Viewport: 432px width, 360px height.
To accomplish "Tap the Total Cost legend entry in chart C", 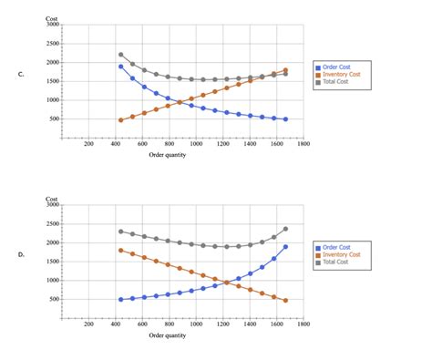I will (335, 83).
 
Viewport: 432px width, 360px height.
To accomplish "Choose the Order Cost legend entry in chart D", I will (336, 247).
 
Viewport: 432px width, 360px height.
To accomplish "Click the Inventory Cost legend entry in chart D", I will (341, 254).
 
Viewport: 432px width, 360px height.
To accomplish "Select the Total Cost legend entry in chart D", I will (335, 262).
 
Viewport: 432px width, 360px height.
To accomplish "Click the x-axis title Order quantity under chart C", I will (168, 156).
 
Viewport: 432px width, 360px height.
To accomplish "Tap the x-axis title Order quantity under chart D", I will (168, 334).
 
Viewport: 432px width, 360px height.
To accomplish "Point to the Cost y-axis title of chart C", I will (52, 18).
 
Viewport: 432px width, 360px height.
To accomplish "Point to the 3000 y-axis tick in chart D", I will (52, 205).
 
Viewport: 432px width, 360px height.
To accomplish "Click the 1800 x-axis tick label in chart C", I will (303, 144).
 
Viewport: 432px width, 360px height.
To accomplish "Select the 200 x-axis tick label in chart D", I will (88, 323).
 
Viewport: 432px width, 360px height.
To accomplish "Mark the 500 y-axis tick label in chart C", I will (53, 118).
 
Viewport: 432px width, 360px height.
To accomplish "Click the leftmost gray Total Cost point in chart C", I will (120, 55).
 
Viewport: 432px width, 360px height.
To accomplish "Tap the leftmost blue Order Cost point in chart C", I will (120, 67).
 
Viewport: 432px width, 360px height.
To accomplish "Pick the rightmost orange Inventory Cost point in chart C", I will (285, 70).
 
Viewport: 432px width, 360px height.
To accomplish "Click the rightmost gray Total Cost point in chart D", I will (285, 229).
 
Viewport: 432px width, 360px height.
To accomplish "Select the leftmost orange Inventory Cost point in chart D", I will (120, 250).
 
